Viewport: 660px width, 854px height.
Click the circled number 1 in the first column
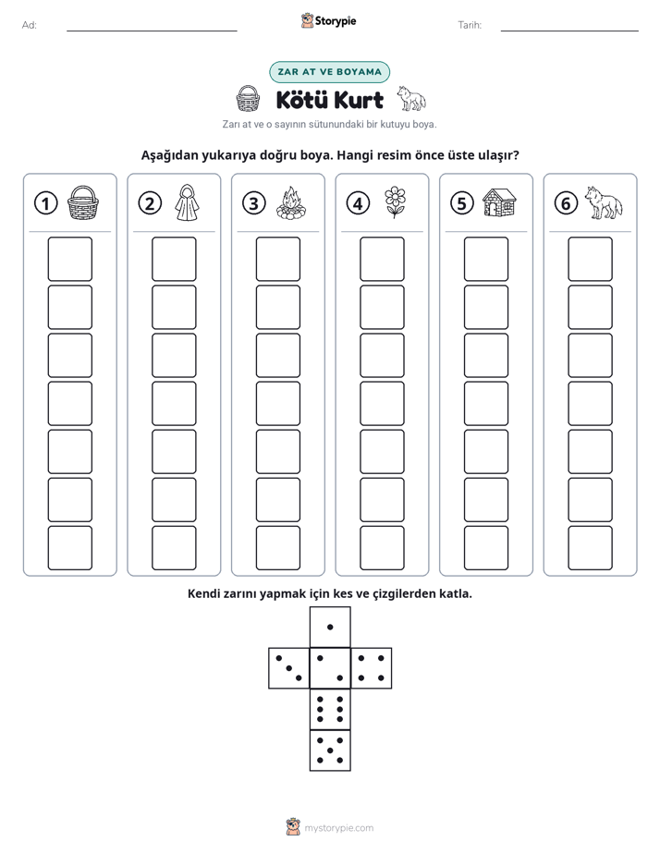click(45, 203)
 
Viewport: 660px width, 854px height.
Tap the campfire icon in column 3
click(291, 202)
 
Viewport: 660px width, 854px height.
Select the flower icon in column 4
click(395, 202)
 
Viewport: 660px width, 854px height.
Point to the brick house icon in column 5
click(499, 202)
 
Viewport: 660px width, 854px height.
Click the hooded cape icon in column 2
click(187, 202)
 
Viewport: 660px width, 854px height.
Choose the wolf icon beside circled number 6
click(604, 202)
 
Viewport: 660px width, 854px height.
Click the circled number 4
click(358, 203)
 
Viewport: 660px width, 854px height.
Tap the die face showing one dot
click(330, 628)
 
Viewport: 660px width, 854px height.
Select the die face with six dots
click(330, 709)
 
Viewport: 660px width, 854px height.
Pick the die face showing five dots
click(330, 750)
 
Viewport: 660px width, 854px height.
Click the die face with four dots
click(371, 668)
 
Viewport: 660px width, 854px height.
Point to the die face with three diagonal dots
click(289, 668)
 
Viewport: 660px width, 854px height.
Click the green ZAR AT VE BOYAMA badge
click(329, 72)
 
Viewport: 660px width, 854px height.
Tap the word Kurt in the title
click(358, 100)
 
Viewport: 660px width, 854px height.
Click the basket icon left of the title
click(248, 99)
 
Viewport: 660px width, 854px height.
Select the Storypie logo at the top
click(329, 21)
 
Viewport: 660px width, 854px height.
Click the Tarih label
click(470, 25)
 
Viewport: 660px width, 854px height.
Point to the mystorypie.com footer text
click(338, 828)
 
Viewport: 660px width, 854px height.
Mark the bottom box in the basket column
click(69, 548)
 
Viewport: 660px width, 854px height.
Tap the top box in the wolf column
click(590, 259)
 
